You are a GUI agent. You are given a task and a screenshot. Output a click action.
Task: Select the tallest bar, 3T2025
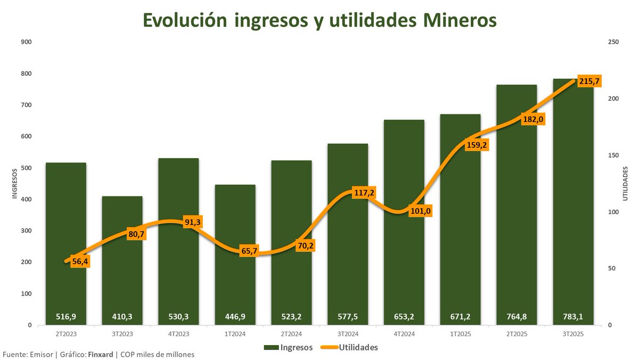(573, 213)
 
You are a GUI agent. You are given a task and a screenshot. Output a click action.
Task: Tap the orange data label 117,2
(364, 193)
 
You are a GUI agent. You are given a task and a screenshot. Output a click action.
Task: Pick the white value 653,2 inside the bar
(404, 316)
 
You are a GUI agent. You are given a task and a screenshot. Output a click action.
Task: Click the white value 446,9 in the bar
(235, 316)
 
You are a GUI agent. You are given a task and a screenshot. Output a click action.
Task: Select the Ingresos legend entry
(288, 347)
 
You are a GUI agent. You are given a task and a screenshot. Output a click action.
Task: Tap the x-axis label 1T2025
(460, 334)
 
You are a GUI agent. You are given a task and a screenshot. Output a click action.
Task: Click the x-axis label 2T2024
(291, 334)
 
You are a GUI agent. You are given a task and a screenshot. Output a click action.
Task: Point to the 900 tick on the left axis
(26, 42)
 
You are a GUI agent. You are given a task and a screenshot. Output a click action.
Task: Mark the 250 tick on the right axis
(612, 42)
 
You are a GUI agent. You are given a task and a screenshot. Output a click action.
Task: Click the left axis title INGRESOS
(15, 184)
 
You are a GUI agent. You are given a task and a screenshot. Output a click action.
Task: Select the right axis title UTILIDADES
(626, 184)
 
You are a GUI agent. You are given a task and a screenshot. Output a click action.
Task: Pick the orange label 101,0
(420, 211)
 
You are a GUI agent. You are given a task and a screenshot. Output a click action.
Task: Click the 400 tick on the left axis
(26, 200)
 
